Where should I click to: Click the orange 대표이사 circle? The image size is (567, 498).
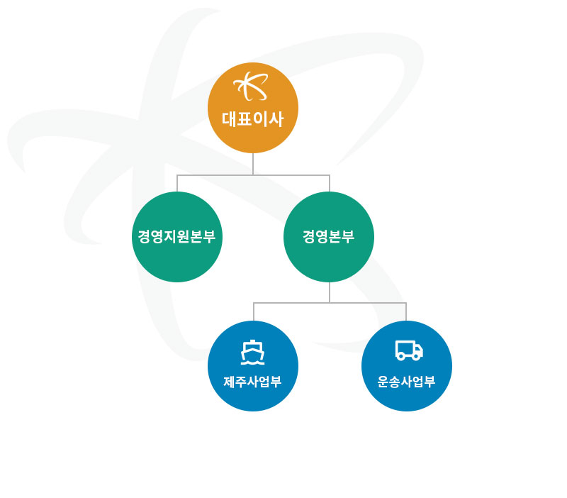(x=253, y=108)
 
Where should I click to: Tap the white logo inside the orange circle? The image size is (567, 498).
(x=252, y=86)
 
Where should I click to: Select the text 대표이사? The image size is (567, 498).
(x=252, y=119)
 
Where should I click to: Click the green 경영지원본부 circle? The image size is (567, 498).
(x=176, y=237)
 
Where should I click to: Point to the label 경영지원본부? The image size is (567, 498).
(x=176, y=237)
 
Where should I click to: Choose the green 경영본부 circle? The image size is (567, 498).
(x=329, y=237)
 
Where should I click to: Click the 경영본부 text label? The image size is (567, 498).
(x=329, y=237)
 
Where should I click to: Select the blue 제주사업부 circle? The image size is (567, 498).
(x=253, y=366)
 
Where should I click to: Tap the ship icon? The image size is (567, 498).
(x=253, y=352)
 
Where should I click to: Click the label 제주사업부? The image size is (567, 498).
(x=252, y=382)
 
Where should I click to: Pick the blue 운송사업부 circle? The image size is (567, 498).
(x=406, y=366)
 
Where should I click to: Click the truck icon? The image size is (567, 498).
(x=409, y=350)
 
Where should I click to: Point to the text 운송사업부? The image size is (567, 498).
(x=406, y=382)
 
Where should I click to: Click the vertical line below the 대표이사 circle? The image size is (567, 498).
(x=253, y=164)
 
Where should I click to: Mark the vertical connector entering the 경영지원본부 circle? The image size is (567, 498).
(x=177, y=184)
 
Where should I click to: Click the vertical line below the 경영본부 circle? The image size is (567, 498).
(x=330, y=292)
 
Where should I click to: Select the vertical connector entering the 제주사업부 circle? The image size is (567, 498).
(x=254, y=312)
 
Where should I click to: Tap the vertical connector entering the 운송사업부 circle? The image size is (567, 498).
(x=406, y=312)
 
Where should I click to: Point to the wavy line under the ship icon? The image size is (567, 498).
(x=253, y=363)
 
